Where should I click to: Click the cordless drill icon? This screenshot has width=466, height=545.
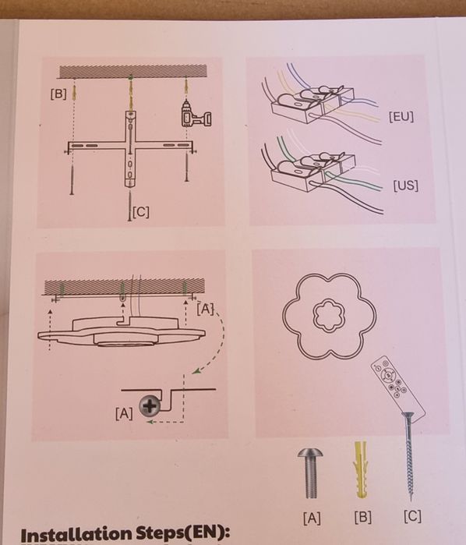(196, 114)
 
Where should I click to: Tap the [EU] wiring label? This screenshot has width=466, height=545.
(401, 117)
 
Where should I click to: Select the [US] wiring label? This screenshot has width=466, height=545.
(405, 186)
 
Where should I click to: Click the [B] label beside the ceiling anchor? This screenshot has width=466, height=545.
(58, 94)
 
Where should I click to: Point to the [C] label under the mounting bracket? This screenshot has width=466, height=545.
(141, 211)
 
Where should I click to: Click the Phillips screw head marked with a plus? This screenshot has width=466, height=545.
(150, 406)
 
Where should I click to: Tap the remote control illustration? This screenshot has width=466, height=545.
(397, 387)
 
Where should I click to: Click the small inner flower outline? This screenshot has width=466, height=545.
(328, 314)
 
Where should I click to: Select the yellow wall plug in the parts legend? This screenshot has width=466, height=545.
(361, 469)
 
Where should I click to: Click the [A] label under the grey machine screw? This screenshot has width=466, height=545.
(312, 518)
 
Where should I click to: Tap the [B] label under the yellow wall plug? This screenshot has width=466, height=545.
(363, 517)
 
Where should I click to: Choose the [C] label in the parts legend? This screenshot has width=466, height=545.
(412, 516)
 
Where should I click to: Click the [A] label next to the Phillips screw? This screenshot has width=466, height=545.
(124, 413)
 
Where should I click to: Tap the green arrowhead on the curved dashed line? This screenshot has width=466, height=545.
(197, 371)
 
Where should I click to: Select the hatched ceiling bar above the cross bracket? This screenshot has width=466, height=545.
(133, 72)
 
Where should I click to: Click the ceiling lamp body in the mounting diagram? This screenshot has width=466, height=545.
(122, 333)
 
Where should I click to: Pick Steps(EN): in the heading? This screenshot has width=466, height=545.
(182, 533)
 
